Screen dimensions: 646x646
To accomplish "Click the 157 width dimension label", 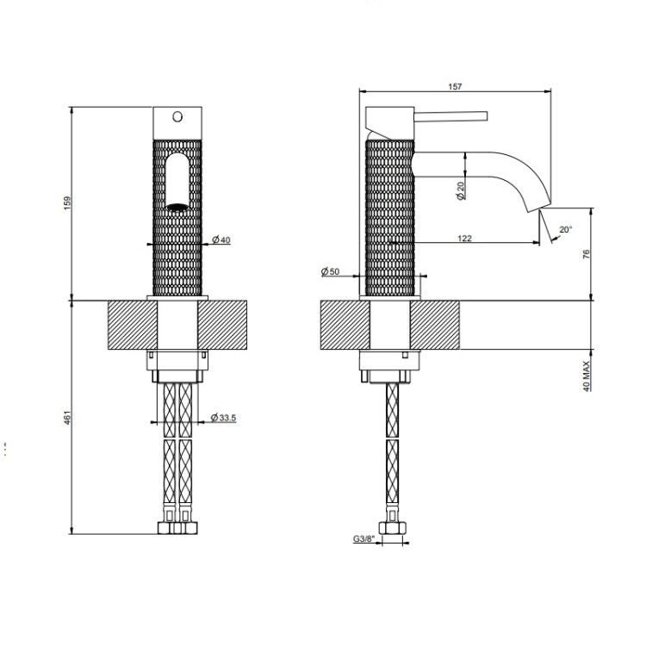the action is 455,86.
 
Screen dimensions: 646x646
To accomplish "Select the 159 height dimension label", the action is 67,203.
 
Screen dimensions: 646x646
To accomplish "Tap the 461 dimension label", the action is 67,417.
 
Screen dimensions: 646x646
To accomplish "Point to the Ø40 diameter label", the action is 221,239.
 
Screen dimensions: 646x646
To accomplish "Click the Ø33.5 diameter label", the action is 223,418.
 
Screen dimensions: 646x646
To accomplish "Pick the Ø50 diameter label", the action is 330,271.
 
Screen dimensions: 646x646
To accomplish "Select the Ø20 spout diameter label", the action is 461,190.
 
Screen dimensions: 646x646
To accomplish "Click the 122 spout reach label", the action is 464,238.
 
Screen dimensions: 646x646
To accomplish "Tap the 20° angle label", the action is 566,229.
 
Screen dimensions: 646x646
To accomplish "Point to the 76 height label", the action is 587,254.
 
